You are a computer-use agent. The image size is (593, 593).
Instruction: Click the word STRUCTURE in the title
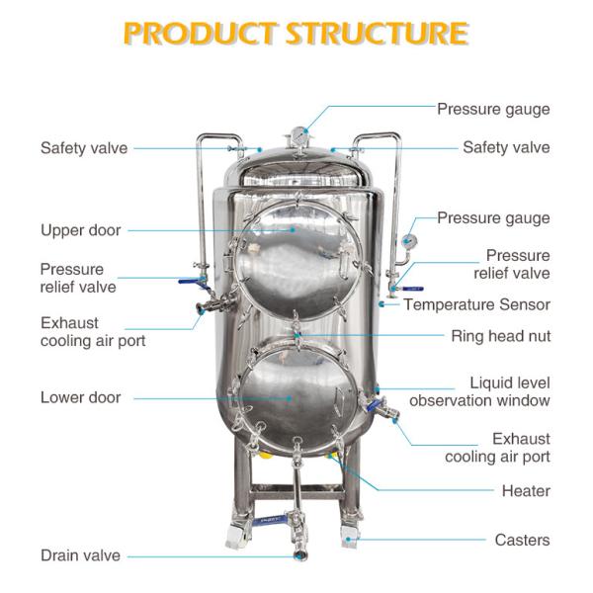pos(377,34)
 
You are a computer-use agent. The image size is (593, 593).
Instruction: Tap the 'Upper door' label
pos(80,230)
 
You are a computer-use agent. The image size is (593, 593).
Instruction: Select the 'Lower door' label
pos(80,397)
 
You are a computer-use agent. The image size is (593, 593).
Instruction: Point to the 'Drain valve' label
pos(80,555)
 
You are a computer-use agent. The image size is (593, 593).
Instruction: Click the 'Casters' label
pos(522,540)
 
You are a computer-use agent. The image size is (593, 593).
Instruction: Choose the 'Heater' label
pos(526,490)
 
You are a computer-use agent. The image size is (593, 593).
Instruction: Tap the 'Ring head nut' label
pos(500,336)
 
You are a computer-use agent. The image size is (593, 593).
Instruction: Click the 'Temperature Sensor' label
pos(476,304)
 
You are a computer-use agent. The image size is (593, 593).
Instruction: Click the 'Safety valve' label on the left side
pos(84,148)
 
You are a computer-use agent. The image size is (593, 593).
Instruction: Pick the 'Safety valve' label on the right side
pos(506,148)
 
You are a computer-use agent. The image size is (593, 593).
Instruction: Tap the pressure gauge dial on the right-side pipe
pos(408,240)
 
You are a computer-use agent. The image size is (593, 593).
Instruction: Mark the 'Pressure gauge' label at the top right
pos(493,109)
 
